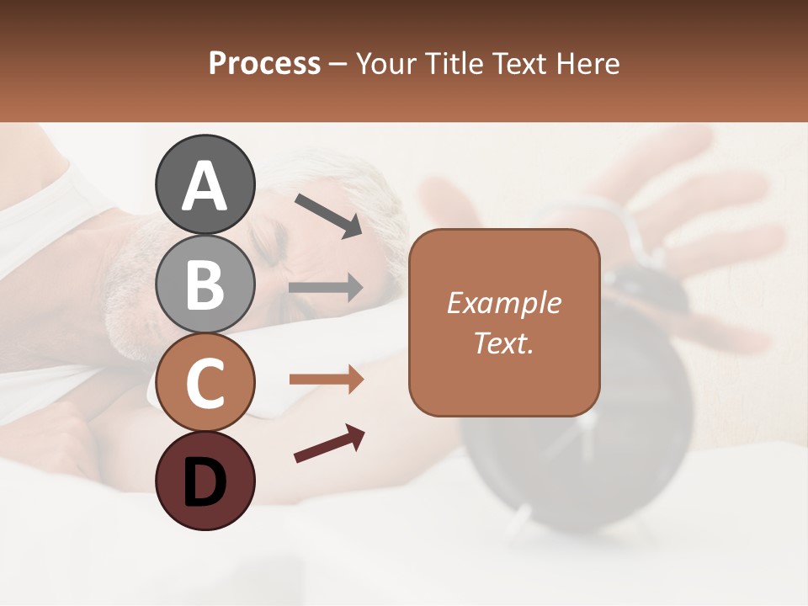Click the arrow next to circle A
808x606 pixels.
click(328, 215)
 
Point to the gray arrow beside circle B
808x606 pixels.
click(326, 288)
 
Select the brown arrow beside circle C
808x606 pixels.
click(326, 380)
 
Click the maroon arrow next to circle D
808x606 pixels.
click(329, 444)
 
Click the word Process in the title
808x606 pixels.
click(264, 63)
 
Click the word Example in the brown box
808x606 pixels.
click(503, 303)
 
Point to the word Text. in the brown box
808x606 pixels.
click(503, 343)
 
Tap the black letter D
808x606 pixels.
click(205, 482)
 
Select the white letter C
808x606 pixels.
click(205, 383)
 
